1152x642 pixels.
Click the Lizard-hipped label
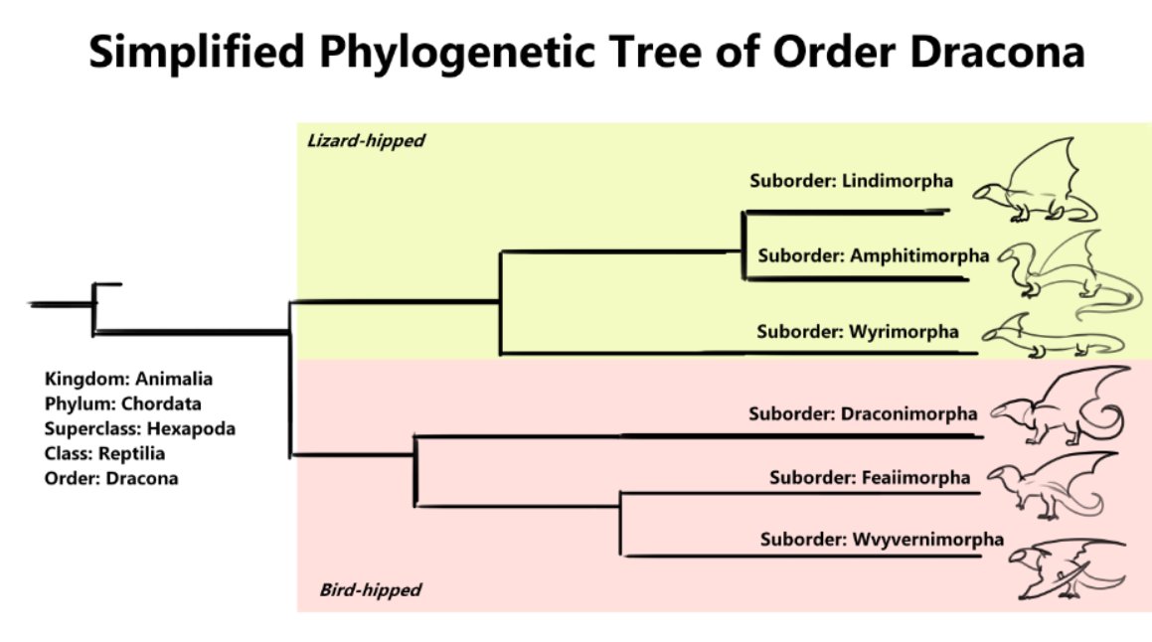coord(365,141)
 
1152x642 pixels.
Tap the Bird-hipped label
coord(370,590)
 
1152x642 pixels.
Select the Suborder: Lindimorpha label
coord(851,181)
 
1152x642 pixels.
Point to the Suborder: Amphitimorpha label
coord(873,255)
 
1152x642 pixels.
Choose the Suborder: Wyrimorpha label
coord(857,332)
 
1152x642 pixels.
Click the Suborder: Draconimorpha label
coord(863,413)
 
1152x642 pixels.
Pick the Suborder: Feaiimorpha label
coord(869,478)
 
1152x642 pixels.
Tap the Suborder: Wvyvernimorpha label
coord(882,540)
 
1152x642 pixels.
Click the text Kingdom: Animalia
coord(128,379)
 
